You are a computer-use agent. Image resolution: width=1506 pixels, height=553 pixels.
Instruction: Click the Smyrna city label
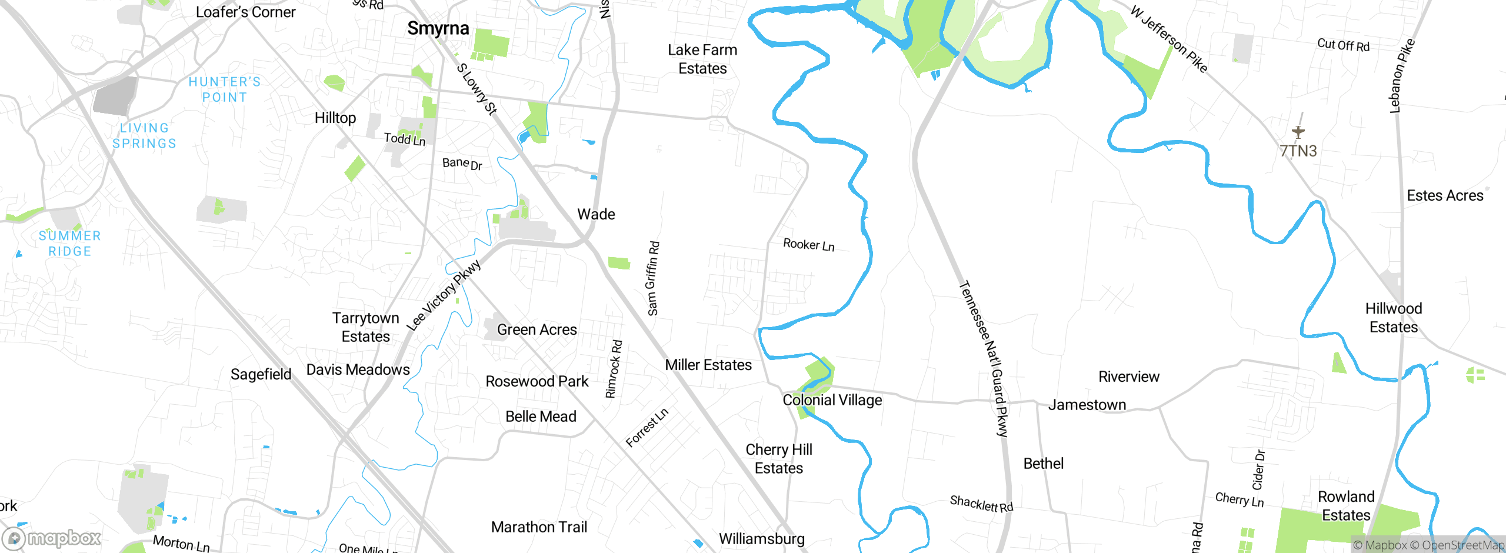(x=438, y=28)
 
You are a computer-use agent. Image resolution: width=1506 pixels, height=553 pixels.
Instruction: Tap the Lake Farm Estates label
(x=702, y=59)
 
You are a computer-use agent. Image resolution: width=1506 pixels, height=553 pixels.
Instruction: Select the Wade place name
(x=596, y=214)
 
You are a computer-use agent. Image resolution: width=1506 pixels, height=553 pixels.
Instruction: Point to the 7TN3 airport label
(x=1298, y=151)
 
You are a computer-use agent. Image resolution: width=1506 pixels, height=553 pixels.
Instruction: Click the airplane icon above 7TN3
(x=1298, y=132)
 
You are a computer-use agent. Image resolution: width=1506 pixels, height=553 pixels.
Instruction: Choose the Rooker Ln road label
(x=809, y=245)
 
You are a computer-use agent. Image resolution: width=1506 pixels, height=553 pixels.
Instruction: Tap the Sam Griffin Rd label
(x=653, y=278)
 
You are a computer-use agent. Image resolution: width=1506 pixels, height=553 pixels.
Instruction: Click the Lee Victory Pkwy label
(x=444, y=295)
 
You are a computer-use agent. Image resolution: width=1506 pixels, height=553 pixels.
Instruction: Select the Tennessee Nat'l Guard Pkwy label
(x=984, y=359)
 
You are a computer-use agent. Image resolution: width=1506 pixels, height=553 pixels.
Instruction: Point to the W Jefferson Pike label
(x=1169, y=39)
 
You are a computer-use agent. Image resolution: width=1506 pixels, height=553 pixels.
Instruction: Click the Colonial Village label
(x=832, y=400)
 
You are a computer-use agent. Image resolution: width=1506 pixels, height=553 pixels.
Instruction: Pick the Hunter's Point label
(x=225, y=89)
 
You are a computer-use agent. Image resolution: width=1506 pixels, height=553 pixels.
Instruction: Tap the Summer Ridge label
(x=69, y=244)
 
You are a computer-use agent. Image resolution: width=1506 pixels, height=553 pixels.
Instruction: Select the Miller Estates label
(x=708, y=365)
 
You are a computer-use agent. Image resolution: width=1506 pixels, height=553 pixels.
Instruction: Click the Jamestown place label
(x=1087, y=405)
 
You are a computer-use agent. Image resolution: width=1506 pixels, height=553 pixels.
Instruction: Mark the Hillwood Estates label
(x=1394, y=318)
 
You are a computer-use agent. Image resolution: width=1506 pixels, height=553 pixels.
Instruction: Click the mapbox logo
(x=52, y=538)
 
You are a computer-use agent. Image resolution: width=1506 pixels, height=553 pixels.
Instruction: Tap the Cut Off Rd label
(x=1344, y=45)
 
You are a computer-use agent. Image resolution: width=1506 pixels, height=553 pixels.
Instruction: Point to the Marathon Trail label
(x=539, y=527)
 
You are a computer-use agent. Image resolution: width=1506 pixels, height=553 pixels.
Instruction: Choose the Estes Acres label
(x=1445, y=196)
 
